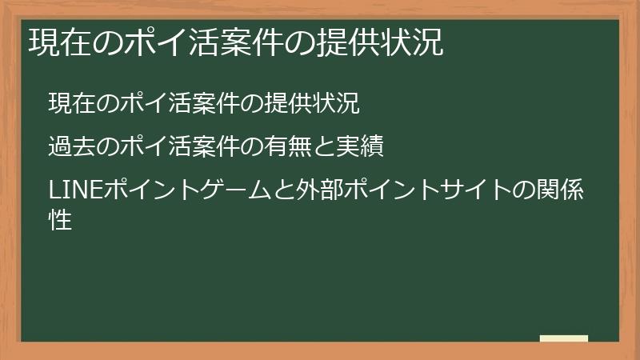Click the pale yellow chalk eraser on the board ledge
pos(563,338)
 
